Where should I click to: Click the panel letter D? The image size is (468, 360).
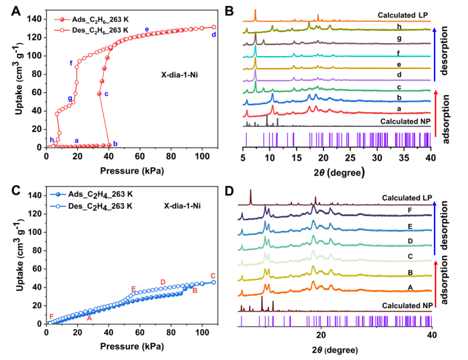(x=229, y=192)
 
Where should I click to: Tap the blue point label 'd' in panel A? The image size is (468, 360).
(x=214, y=35)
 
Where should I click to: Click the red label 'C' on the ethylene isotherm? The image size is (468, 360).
(x=213, y=276)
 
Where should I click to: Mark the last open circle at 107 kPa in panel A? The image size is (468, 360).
(x=214, y=27)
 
